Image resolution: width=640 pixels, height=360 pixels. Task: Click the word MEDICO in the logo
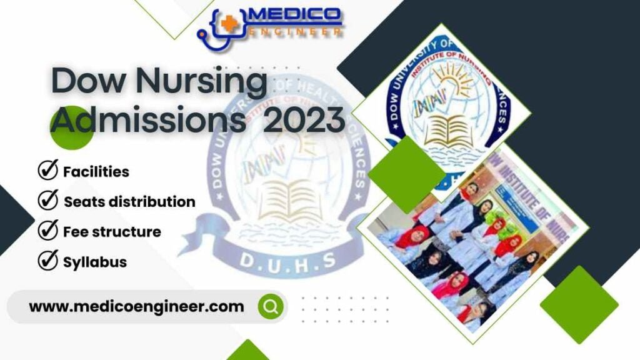(x=294, y=14)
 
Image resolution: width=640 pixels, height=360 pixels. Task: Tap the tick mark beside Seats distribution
(x=47, y=201)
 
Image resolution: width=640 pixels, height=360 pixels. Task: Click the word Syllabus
(x=95, y=262)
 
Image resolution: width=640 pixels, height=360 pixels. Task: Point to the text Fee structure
(x=112, y=232)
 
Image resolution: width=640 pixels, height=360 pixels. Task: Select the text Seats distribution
(x=129, y=202)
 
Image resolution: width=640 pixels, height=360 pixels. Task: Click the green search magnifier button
(x=271, y=306)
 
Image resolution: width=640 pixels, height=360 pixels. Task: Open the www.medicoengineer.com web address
(x=136, y=306)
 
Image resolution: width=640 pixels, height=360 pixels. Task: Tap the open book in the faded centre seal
(x=289, y=200)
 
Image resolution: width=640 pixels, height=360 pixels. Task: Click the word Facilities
(x=96, y=171)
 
